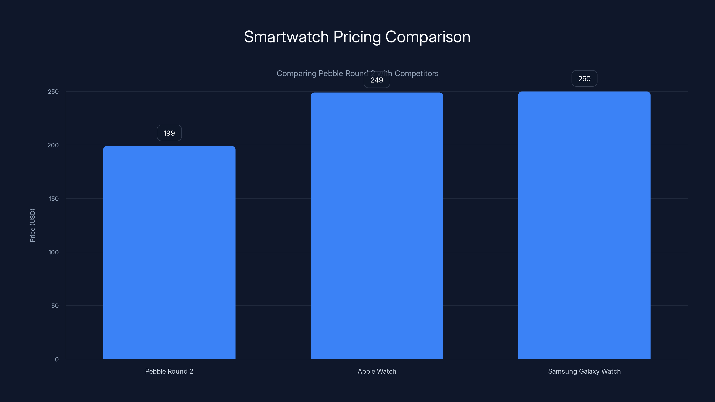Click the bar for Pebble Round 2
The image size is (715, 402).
pyautogui.click(x=169, y=252)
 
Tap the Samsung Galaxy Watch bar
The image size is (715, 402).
pyautogui.click(x=584, y=225)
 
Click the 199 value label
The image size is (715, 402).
pyautogui.click(x=169, y=133)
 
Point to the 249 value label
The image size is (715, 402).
pyautogui.click(x=377, y=80)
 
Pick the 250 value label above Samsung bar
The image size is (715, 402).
pyautogui.click(x=584, y=79)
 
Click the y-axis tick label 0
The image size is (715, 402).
pyautogui.click(x=57, y=359)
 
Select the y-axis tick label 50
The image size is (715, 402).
pyautogui.click(x=55, y=306)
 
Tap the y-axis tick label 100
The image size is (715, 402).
pyautogui.click(x=54, y=252)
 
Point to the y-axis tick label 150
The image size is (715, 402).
pyautogui.click(x=54, y=199)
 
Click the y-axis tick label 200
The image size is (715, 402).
pyautogui.click(x=53, y=145)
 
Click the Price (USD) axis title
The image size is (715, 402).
pyautogui.click(x=32, y=225)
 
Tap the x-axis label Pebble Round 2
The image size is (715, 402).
pyautogui.click(x=169, y=371)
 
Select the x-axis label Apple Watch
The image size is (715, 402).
pyautogui.click(x=377, y=371)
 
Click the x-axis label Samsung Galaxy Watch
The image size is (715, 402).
pyautogui.click(x=584, y=371)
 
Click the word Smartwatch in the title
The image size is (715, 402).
pyautogui.click(x=286, y=37)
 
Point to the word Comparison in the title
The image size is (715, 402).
pyautogui.click(x=428, y=37)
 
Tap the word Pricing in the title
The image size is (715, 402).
pyautogui.click(x=357, y=37)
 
